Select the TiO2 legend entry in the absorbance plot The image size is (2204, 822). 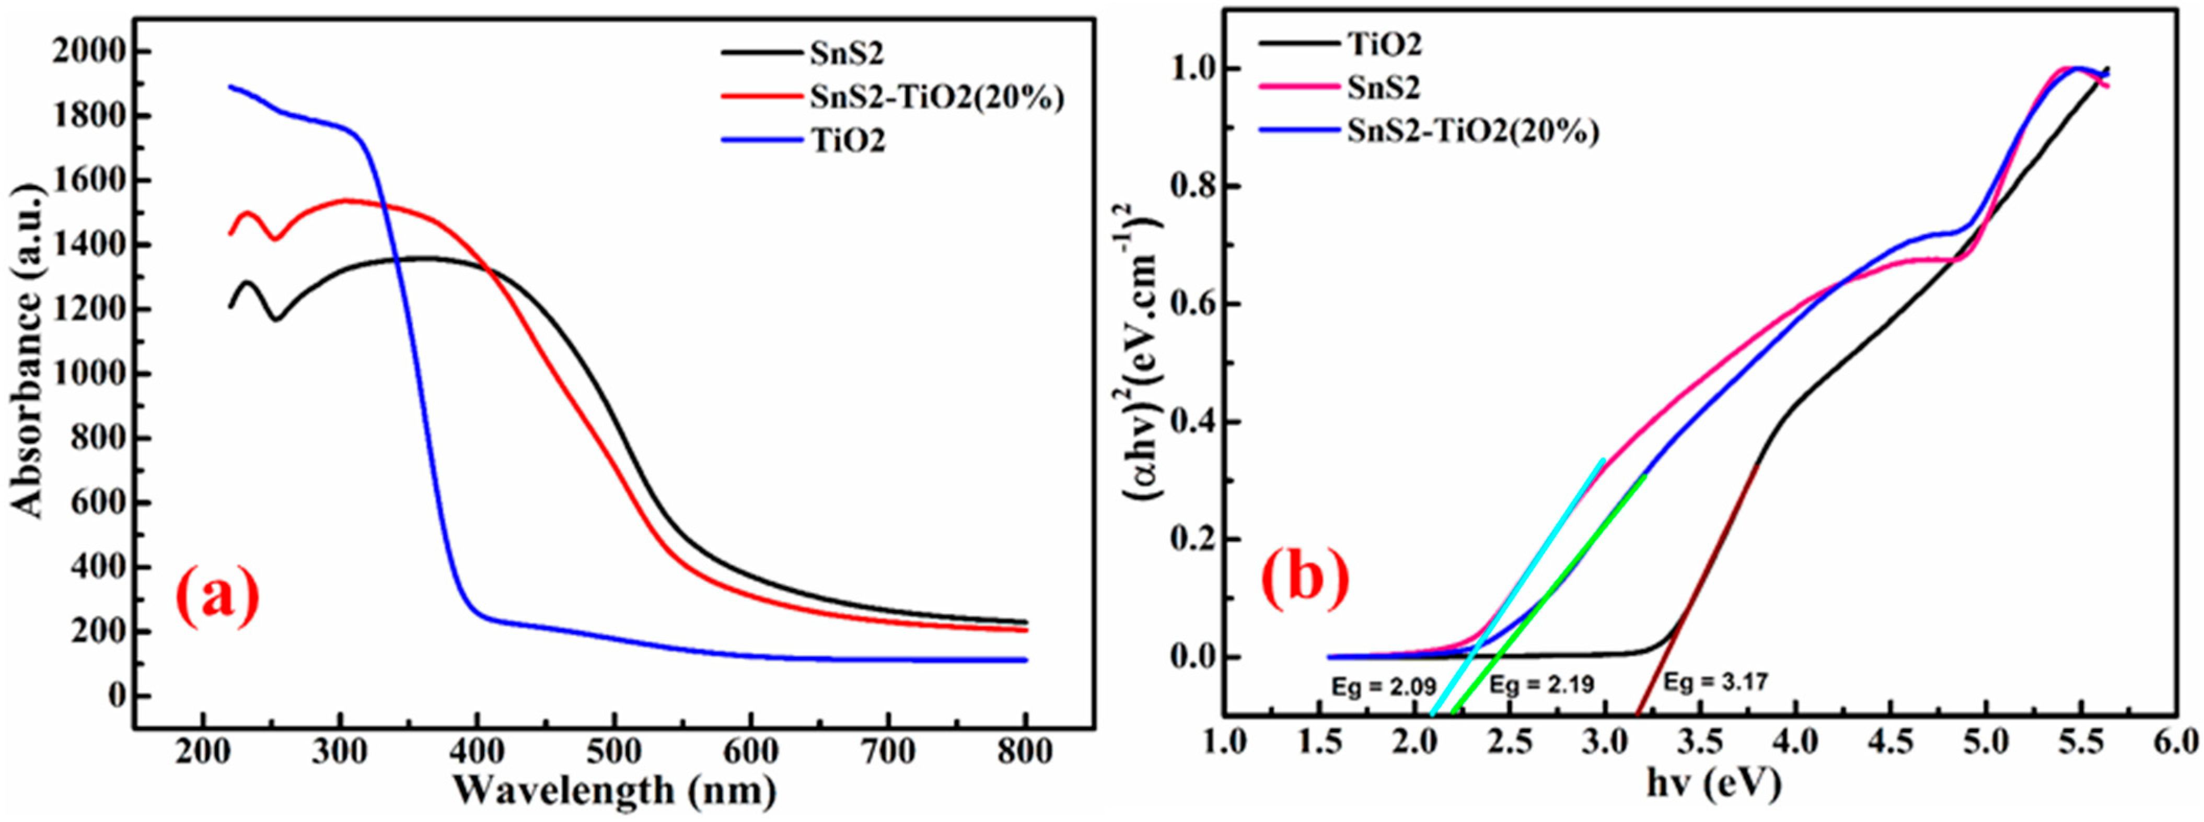[x=847, y=140]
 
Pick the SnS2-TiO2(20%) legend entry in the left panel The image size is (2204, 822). [x=937, y=98]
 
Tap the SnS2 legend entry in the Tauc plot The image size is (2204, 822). [x=1384, y=87]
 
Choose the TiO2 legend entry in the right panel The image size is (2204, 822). [x=1384, y=44]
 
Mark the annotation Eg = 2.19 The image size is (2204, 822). [x=1542, y=684]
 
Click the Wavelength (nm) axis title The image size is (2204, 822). [x=613, y=789]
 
